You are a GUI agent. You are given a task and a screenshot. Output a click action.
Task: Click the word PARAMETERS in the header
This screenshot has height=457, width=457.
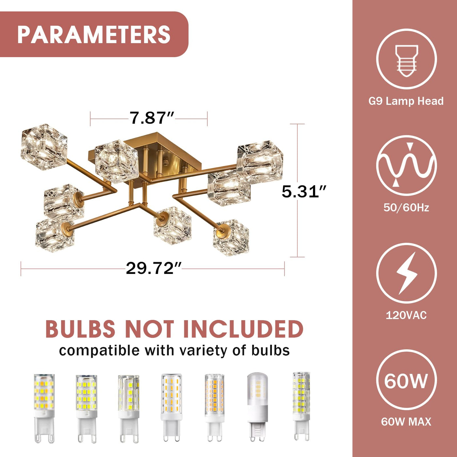point(94,34)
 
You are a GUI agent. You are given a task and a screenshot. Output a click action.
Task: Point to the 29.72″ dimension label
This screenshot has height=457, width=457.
point(154,268)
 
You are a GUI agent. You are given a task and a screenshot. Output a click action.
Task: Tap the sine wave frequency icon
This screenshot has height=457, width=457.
point(406,165)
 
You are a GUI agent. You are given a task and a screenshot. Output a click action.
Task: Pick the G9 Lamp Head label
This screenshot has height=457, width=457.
point(406,101)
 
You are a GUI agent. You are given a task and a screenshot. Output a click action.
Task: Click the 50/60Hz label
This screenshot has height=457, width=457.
point(406,208)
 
